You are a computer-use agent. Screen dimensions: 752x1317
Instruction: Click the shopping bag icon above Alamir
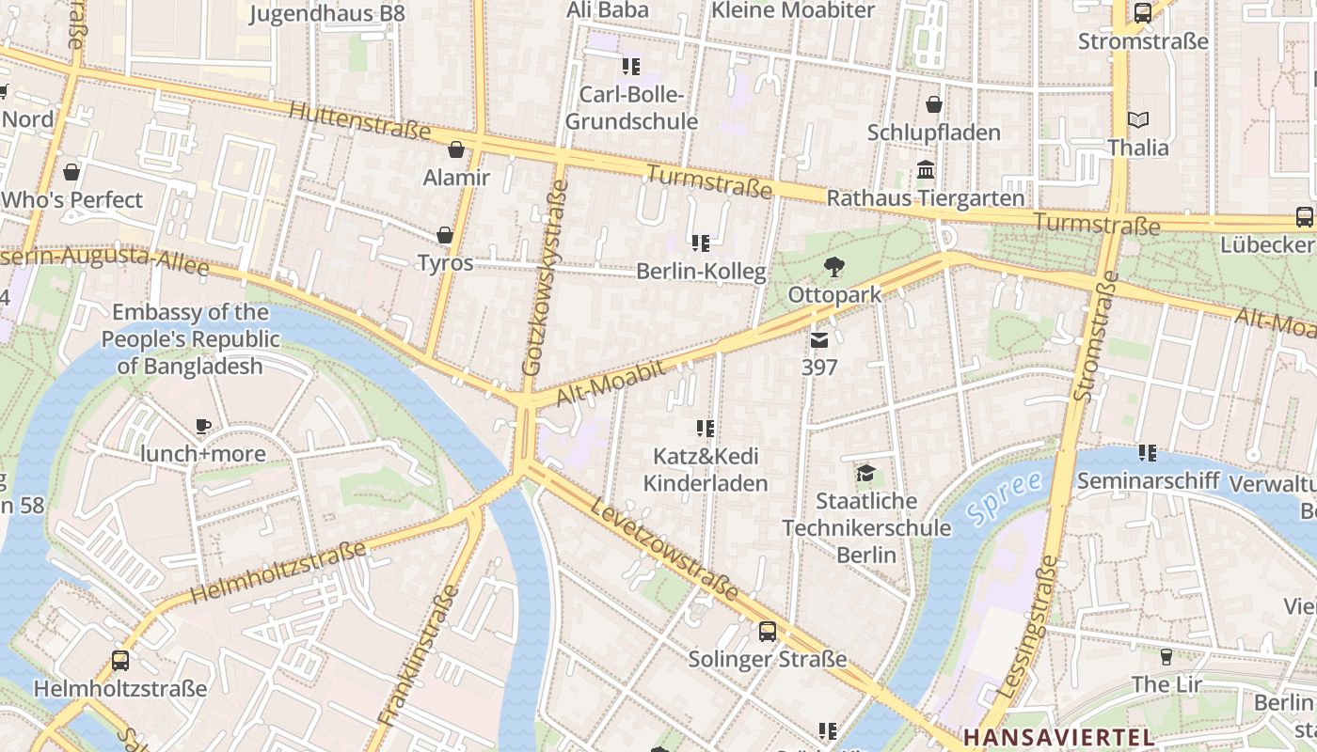click(x=456, y=149)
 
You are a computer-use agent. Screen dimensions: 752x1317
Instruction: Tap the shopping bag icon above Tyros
click(x=444, y=235)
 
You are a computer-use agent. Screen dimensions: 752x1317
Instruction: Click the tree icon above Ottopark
click(x=833, y=267)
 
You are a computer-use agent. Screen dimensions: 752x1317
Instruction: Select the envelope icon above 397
click(x=819, y=340)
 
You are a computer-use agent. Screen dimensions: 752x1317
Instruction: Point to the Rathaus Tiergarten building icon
click(x=926, y=171)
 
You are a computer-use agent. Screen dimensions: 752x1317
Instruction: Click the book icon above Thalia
click(x=1138, y=120)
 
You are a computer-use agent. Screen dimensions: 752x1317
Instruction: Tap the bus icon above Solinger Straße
click(x=768, y=631)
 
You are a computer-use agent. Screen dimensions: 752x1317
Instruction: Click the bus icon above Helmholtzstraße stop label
click(x=120, y=660)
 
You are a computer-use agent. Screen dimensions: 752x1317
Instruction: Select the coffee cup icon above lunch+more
click(x=202, y=427)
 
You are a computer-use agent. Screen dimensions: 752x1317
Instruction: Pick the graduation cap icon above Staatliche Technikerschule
click(x=865, y=473)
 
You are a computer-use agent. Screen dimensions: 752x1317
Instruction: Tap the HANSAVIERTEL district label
click(x=1060, y=736)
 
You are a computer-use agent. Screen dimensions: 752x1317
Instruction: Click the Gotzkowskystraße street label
click(x=547, y=277)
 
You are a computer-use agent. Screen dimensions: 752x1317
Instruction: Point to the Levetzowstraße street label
click(x=665, y=550)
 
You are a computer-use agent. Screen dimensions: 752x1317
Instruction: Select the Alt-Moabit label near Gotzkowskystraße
click(x=611, y=384)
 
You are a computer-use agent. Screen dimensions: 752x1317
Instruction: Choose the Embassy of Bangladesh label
click(x=191, y=339)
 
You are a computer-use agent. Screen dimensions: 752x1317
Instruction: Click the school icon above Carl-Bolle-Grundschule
click(x=631, y=66)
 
